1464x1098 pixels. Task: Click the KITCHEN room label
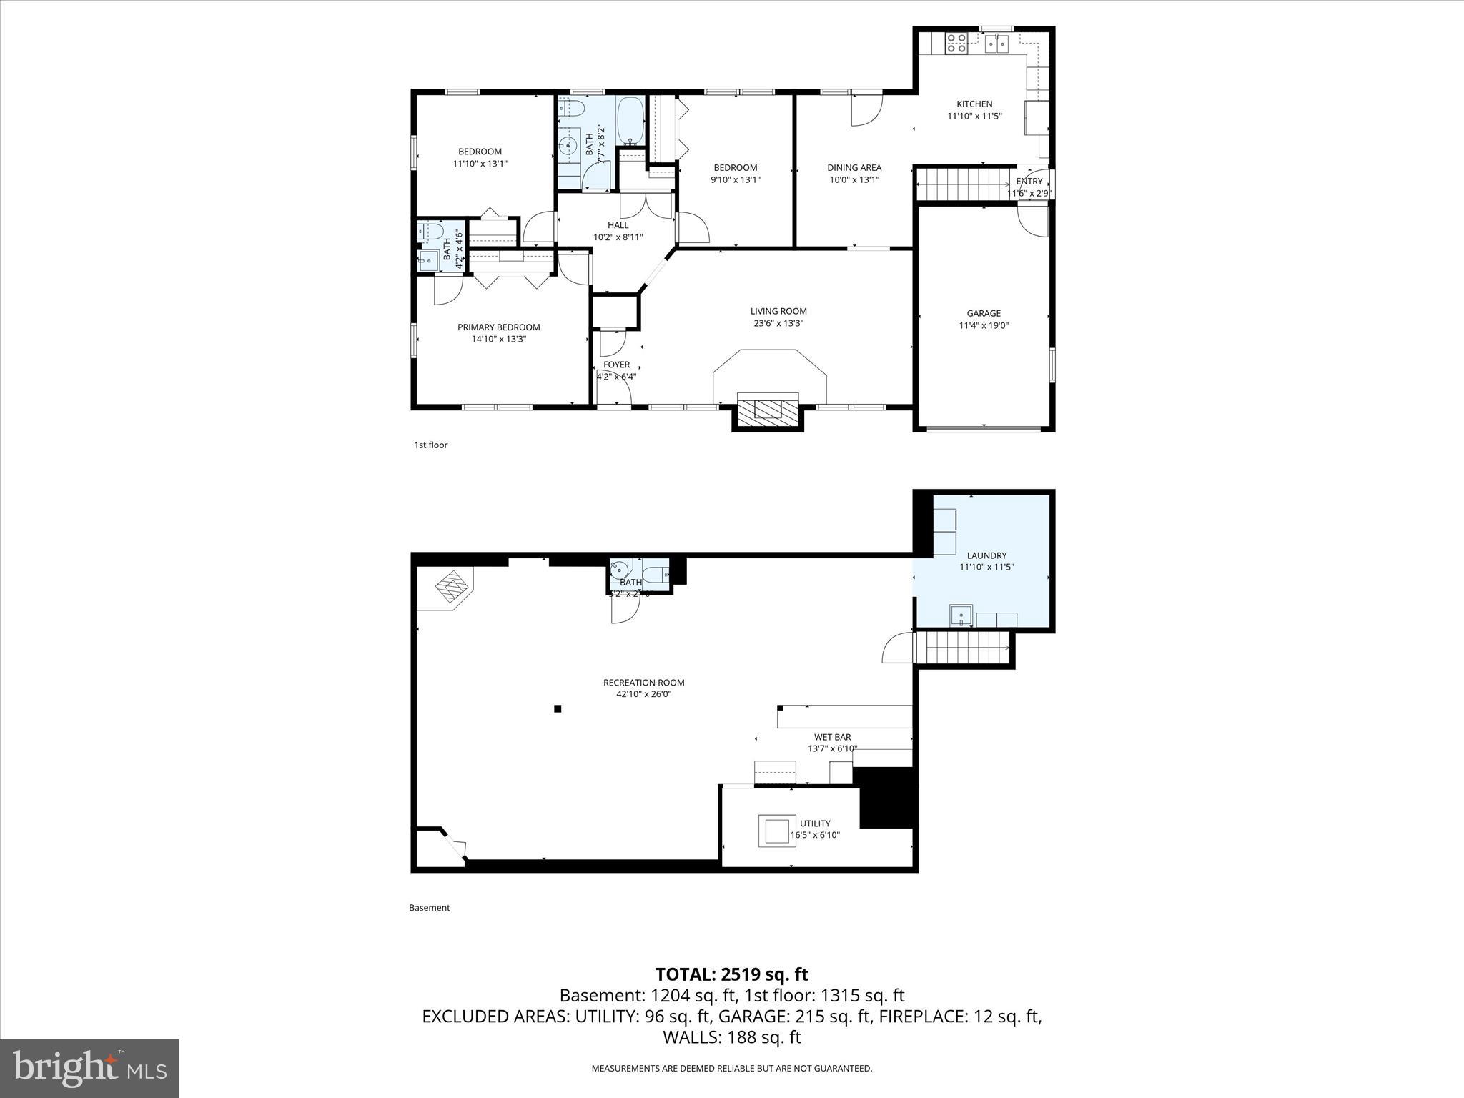pos(974,104)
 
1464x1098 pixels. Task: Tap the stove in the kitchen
pos(956,44)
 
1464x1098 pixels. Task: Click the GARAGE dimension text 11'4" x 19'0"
pos(984,325)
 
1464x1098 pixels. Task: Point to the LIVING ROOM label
pos(778,311)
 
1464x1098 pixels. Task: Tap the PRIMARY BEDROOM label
pos(498,327)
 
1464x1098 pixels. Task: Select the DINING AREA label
pos(854,168)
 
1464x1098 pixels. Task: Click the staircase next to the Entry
pos(961,184)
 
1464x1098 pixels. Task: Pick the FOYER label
pos(616,365)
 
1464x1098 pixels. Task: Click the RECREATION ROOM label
pos(643,683)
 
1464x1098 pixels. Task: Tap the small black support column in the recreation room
pos(558,709)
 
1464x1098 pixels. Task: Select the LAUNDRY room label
pos(986,555)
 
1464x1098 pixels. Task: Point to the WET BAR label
pos(832,737)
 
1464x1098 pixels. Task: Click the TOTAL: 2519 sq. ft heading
pos(731,974)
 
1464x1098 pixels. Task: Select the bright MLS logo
pos(89,1069)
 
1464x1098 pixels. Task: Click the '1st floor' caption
pos(430,445)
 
